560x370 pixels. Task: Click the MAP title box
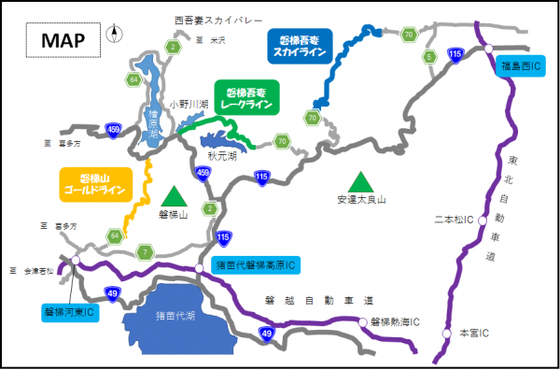tap(63, 40)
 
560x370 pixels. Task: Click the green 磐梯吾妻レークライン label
tap(245, 98)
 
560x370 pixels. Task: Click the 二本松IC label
tap(455, 221)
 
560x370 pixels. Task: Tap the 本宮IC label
tap(475, 333)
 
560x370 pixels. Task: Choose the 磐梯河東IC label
tap(69, 310)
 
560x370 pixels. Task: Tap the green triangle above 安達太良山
tap(360, 179)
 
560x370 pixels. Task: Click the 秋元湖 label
tap(222, 156)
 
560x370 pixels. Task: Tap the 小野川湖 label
tap(184, 104)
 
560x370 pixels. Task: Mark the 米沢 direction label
tap(217, 41)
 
